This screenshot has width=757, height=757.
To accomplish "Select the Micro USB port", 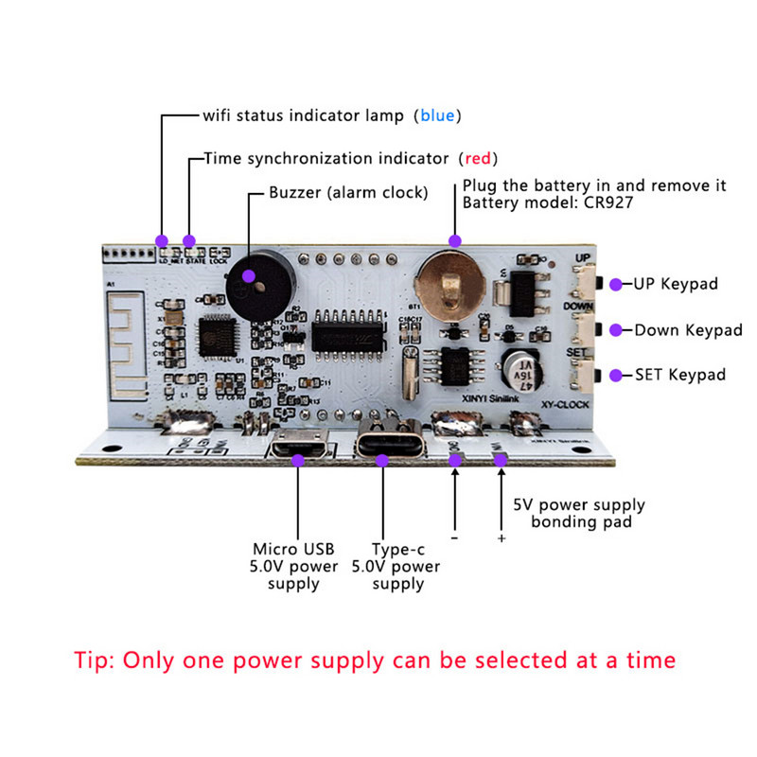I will [298, 447].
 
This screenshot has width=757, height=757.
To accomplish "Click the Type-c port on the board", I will [383, 447].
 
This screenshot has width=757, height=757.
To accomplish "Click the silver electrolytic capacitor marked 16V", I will [522, 369].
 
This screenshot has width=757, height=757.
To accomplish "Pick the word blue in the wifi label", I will [437, 116].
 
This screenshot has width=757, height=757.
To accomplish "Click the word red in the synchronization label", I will [478, 158].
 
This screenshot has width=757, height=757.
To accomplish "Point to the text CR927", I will [607, 203].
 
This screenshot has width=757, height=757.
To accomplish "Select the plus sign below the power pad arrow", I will [501, 538].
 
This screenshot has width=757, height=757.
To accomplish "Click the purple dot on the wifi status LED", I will [162, 240].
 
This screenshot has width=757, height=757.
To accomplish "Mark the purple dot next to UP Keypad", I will [615, 283].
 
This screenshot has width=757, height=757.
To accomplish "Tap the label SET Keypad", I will [680, 375].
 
